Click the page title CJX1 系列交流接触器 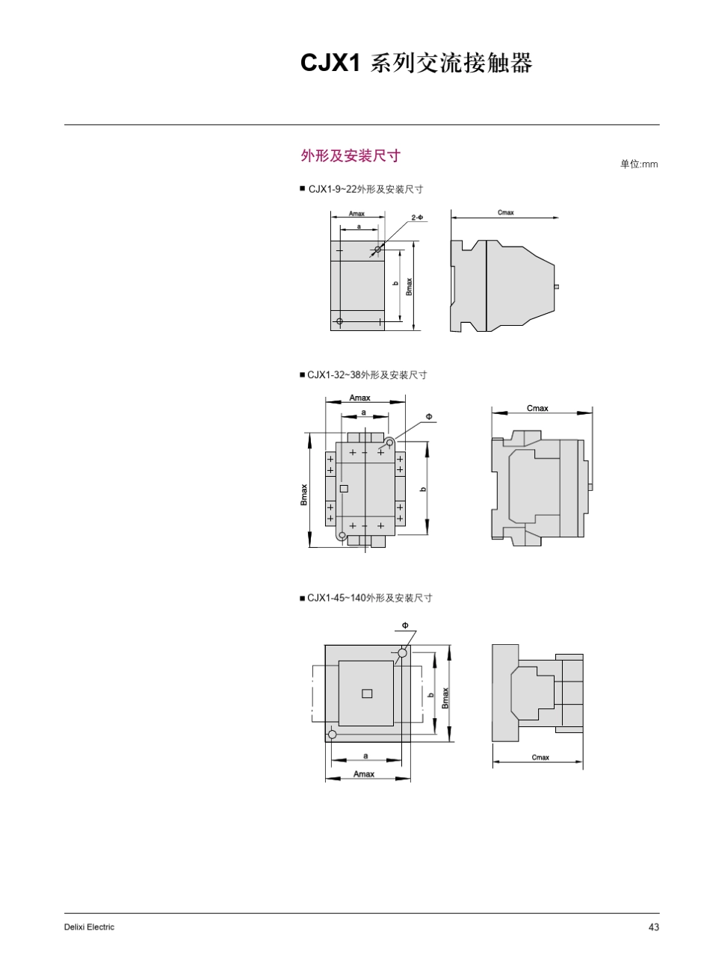click(x=416, y=64)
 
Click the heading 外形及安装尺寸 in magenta click(x=350, y=155)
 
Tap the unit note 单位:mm click(x=639, y=164)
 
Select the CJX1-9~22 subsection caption click(x=365, y=189)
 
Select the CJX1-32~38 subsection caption click(x=366, y=374)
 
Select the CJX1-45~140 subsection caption click(x=369, y=598)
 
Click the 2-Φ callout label click(x=417, y=217)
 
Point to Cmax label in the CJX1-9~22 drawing click(x=506, y=213)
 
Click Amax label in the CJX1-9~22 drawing click(x=356, y=214)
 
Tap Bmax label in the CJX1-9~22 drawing click(x=409, y=286)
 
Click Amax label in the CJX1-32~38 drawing click(x=359, y=398)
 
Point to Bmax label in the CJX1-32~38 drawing click(x=304, y=495)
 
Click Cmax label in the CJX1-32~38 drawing click(x=537, y=408)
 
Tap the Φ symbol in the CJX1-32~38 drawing click(x=429, y=415)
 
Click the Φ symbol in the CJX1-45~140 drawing click(x=404, y=625)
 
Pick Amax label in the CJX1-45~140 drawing click(x=364, y=774)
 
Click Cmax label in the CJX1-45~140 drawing click(x=540, y=758)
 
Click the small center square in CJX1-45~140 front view click(x=366, y=693)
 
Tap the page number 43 click(x=654, y=927)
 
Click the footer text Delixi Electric click(x=90, y=927)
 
